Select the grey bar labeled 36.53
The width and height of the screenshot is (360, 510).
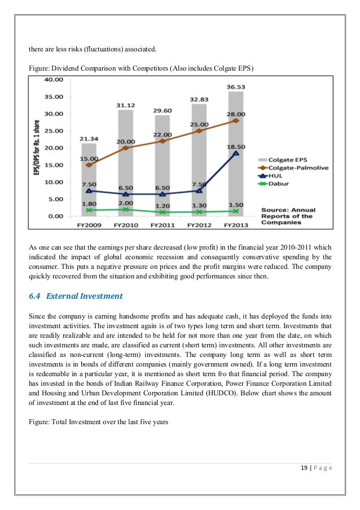pyautogui.click(x=235, y=153)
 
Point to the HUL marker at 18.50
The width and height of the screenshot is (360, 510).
pyautogui.click(x=236, y=153)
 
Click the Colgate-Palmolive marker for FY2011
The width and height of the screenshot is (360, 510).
pyautogui.click(x=162, y=141)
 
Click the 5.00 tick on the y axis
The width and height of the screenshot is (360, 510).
pyautogui.click(x=54, y=199)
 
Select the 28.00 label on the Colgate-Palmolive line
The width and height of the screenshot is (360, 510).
pyautogui.click(x=235, y=113)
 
